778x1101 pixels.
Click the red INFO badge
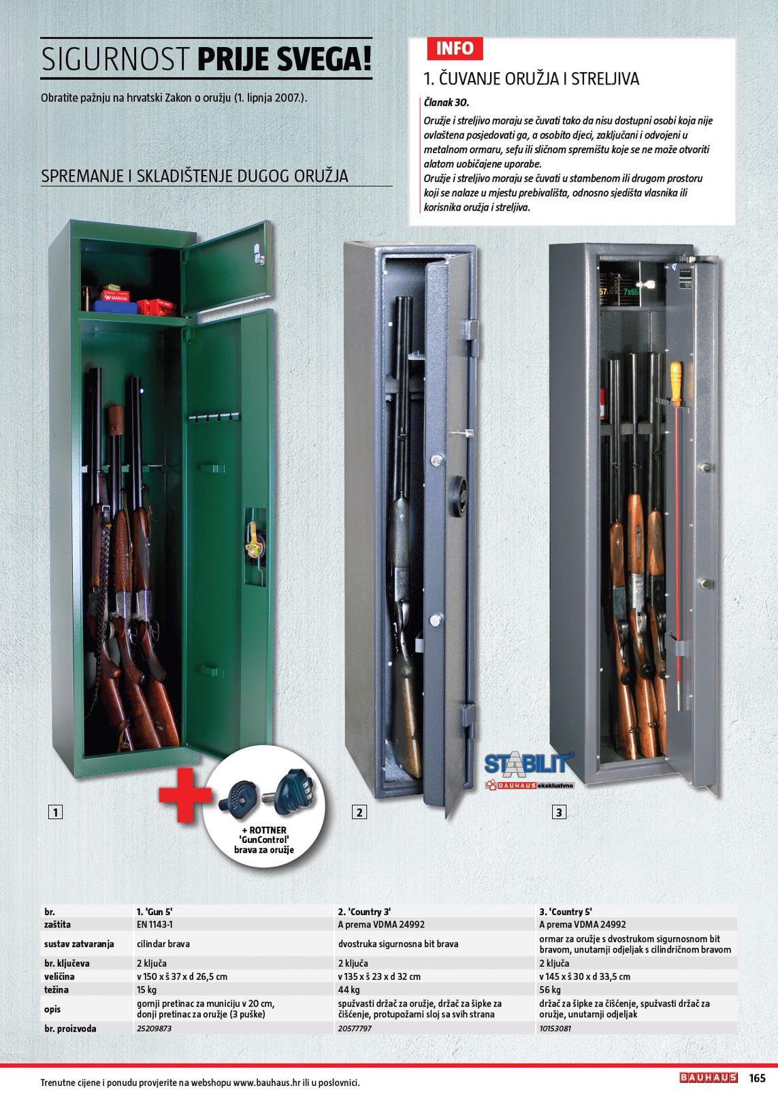pyautogui.click(x=454, y=48)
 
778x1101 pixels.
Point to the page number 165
pyautogui.click(x=758, y=1078)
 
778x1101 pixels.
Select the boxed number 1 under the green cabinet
pyautogui.click(x=55, y=812)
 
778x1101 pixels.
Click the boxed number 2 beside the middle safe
pyautogui.click(x=359, y=812)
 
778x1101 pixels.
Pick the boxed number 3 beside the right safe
pyautogui.click(x=560, y=812)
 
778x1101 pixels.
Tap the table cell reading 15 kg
pyautogui.click(x=146, y=989)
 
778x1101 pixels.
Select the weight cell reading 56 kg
pyautogui.click(x=549, y=989)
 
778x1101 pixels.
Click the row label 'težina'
pyautogui.click(x=57, y=989)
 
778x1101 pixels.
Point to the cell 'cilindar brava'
pyautogui.click(x=163, y=944)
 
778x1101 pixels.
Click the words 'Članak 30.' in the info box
pyautogui.click(x=446, y=103)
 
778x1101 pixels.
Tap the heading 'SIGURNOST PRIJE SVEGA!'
pyautogui.click(x=207, y=60)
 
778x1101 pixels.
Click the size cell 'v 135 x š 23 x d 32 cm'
pyautogui.click(x=379, y=976)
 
